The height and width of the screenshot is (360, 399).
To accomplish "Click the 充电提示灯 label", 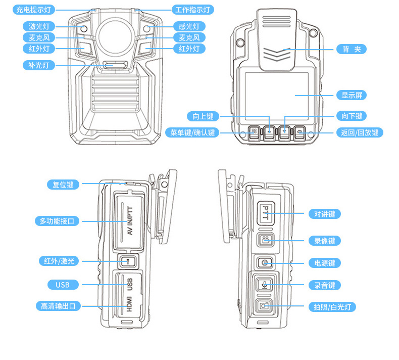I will click(33, 10).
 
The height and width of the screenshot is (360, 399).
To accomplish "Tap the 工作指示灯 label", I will click(193, 10).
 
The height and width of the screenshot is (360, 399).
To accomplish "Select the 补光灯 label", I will click(38, 65).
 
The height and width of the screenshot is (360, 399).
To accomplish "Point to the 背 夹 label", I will click(351, 49).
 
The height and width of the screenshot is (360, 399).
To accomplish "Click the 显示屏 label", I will click(351, 95).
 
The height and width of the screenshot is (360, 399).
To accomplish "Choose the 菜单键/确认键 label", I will click(192, 132).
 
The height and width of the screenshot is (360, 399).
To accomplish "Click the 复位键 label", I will click(63, 185).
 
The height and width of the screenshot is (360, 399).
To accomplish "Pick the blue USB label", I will click(63, 285).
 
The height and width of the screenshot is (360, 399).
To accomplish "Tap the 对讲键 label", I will click(324, 214).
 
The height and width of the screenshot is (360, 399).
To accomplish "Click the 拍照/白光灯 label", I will click(332, 306).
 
